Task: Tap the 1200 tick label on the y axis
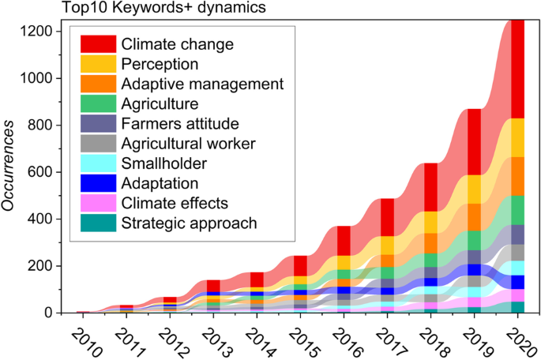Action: pos(37,32)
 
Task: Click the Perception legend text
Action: pos(160,63)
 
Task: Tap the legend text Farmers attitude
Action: pos(180,123)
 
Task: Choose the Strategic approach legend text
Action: pos(189,223)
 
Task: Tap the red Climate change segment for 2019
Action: pos(474,142)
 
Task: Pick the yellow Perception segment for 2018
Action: pos(430,223)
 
